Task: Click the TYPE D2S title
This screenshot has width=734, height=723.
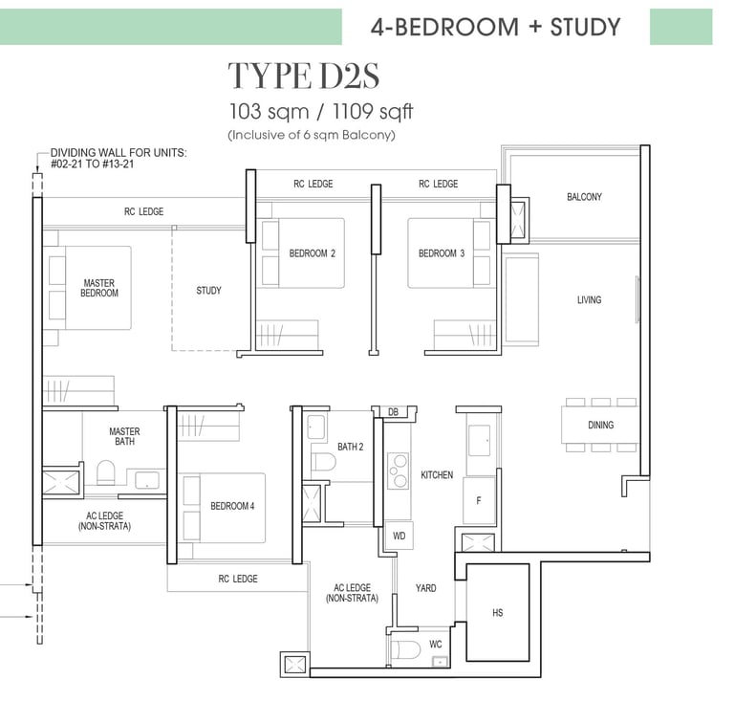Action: coord(304,76)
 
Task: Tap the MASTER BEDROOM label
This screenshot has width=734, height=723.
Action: coord(99,288)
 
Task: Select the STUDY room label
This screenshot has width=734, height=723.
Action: coord(208,291)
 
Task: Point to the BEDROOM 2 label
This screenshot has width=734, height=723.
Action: coord(313,253)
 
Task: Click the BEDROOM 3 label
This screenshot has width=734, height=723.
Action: coord(442,253)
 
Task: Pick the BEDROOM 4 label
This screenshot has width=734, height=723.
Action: coord(232,506)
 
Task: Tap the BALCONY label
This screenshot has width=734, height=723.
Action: coord(584,197)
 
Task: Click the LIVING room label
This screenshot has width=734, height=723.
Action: coord(590,300)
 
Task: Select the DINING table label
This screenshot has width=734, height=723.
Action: coord(600,426)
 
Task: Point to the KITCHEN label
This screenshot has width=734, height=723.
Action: coord(437,475)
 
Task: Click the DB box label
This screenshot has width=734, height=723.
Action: coord(393,412)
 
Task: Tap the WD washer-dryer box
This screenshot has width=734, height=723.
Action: coord(399,536)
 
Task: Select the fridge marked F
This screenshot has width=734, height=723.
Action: coord(479,500)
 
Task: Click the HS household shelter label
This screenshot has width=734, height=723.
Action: coord(498,613)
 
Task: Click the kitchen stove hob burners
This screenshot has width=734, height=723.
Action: coord(398,471)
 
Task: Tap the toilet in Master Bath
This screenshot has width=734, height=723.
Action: coord(106,472)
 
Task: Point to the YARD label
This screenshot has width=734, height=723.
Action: coord(426,588)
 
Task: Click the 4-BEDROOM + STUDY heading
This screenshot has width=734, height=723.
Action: coord(496,27)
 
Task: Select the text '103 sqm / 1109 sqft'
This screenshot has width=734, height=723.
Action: coord(321,112)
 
